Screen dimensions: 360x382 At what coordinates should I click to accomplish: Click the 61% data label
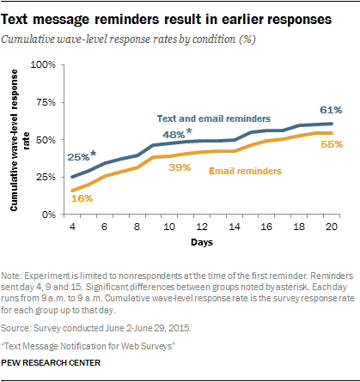331,110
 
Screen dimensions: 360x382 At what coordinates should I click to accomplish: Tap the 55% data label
332,144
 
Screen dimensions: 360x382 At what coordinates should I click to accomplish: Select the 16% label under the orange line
82,198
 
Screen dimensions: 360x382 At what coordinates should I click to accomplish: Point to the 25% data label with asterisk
82,155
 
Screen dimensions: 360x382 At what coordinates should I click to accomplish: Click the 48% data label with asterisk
177,133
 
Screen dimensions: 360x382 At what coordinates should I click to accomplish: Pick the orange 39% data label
180,167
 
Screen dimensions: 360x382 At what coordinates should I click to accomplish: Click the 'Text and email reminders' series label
214,118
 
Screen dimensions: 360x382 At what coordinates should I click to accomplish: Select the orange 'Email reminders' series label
245,171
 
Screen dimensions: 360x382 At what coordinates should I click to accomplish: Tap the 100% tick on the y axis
43,64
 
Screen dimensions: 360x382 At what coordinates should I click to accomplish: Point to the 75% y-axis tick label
46,102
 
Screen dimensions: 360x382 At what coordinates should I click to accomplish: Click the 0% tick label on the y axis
49,215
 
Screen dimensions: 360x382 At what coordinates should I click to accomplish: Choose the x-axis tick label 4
72,227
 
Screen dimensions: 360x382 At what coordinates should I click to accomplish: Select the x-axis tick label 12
202,227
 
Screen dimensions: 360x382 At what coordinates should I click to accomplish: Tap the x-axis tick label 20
332,227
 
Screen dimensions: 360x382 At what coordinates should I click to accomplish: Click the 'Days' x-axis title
202,242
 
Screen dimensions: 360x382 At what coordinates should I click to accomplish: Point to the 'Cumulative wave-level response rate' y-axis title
19,140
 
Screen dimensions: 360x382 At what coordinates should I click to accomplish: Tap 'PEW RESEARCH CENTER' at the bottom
51,363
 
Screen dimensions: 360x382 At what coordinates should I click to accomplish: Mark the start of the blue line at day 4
72,177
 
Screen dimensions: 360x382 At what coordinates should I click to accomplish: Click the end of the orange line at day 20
332,133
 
